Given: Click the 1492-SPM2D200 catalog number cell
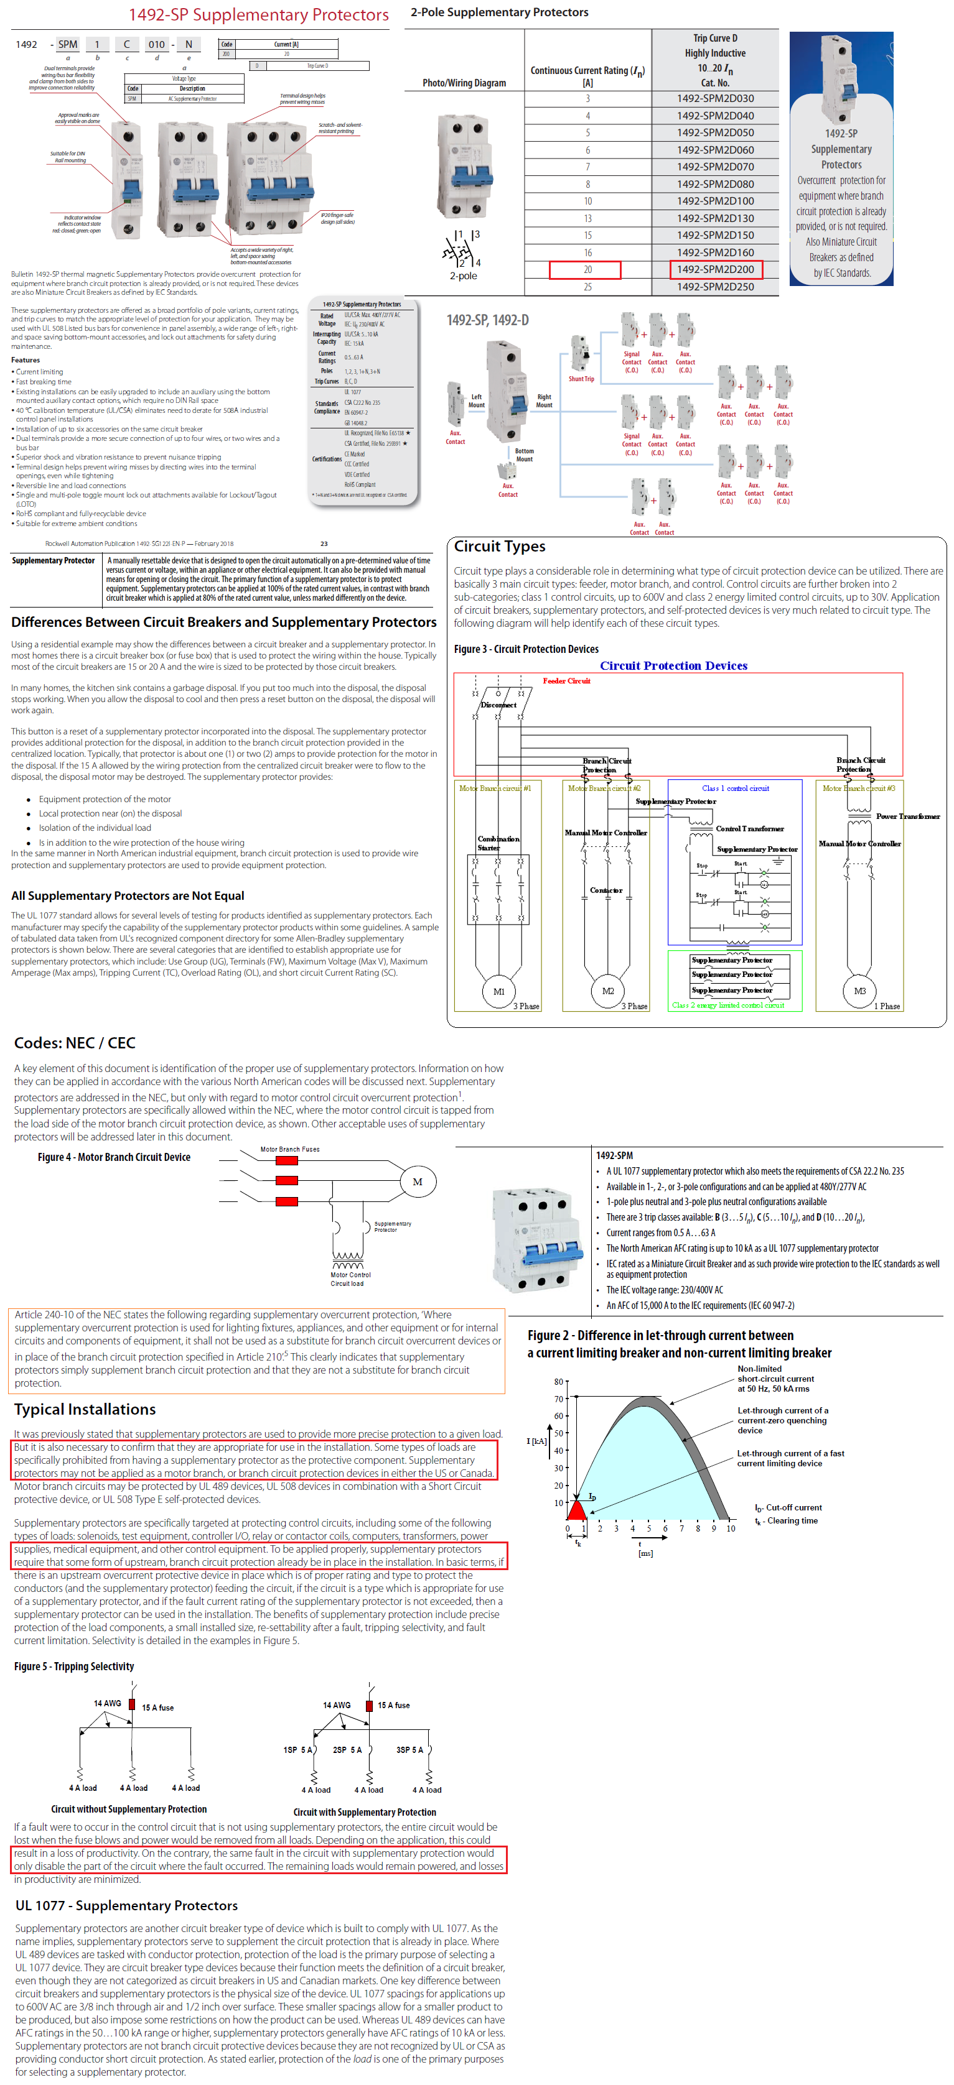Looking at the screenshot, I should pyautogui.click(x=715, y=269).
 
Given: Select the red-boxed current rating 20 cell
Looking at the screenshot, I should pyautogui.click(x=585, y=269).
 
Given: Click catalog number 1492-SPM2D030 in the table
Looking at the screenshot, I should pyautogui.click(x=715, y=99).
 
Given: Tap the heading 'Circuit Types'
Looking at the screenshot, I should pyautogui.click(x=499, y=547).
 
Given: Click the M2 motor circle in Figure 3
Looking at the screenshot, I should pyautogui.click(x=607, y=991).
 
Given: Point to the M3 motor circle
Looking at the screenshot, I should pyautogui.click(x=859, y=991).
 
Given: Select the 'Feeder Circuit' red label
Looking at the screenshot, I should pyautogui.click(x=566, y=681).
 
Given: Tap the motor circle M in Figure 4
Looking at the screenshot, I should pyautogui.click(x=417, y=1181).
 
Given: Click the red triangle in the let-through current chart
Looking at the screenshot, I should pyautogui.click(x=577, y=1510).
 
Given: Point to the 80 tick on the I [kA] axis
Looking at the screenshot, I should pyautogui.click(x=558, y=1382).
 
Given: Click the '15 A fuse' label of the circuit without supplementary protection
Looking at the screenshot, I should pyautogui.click(x=158, y=1707).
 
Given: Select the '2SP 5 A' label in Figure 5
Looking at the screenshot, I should pyautogui.click(x=347, y=1749).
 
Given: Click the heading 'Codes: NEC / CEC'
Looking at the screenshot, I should pyautogui.click(x=75, y=1042).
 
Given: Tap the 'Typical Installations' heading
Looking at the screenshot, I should pyautogui.click(x=85, y=1409).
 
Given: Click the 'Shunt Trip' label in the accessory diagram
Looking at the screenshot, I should pyautogui.click(x=581, y=379).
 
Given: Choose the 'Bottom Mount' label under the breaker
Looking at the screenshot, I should pyautogui.click(x=524, y=455).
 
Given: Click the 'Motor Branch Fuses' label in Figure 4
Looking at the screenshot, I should pyautogui.click(x=289, y=1149).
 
